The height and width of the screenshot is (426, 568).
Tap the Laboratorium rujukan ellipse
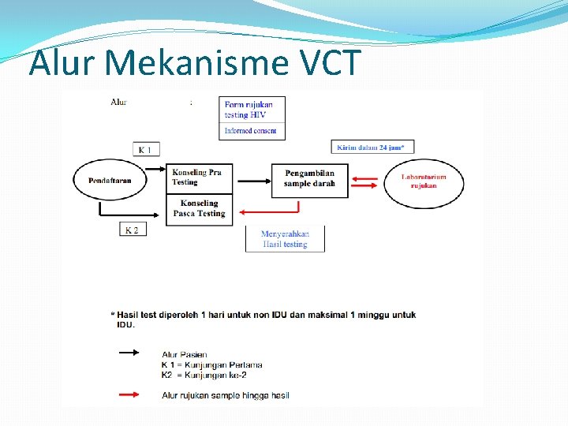click(424, 181)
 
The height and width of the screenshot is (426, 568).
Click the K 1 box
click(146, 150)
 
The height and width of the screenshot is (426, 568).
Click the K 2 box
click(133, 230)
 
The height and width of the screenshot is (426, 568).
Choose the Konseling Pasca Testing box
click(199, 209)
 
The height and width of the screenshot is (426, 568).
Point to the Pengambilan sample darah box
click(309, 179)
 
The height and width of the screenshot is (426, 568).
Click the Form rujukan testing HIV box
click(252, 110)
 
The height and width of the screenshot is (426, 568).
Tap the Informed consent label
click(252, 131)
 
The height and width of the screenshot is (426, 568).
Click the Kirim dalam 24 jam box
click(372, 147)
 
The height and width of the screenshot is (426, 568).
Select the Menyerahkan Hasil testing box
click(286, 239)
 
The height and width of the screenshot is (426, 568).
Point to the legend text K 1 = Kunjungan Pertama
click(211, 365)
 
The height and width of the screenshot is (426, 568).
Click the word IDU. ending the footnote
click(125, 324)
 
